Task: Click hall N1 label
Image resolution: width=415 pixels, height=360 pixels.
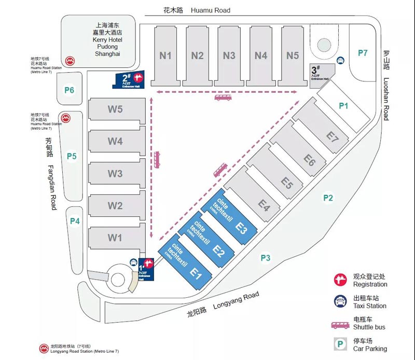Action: (165, 56)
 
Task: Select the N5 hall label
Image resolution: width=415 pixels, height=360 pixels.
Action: (293, 56)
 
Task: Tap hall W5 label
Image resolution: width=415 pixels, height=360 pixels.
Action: (115, 109)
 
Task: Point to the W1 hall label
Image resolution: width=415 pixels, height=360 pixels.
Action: (115, 238)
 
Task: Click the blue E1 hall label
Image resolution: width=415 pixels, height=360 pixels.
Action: (196, 273)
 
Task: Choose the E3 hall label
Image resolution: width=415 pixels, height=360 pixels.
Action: (241, 227)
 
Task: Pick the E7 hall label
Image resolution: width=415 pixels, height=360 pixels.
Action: (333, 137)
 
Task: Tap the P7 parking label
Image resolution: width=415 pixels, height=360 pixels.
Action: (363, 52)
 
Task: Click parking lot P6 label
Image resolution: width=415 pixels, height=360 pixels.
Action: (70, 90)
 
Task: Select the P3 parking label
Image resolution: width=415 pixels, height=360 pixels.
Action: (266, 257)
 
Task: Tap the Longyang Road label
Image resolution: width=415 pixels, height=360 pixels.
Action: (223, 304)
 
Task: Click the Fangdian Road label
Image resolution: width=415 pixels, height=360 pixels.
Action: (50, 174)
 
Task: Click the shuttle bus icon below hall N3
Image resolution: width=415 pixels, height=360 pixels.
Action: (223, 97)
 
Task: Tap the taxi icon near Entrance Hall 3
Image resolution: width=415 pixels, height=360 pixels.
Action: (340, 61)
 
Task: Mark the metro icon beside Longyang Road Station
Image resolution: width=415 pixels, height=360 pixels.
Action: (44, 348)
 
